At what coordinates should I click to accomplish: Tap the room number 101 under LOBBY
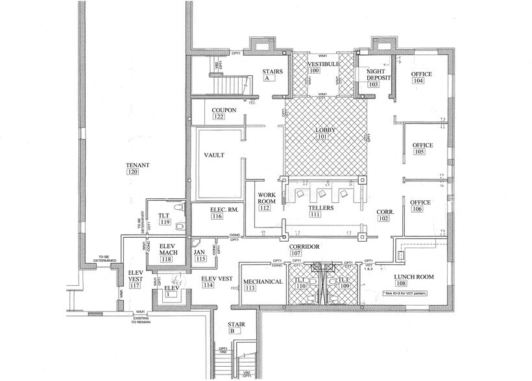(322, 137)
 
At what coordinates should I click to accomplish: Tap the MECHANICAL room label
(263, 281)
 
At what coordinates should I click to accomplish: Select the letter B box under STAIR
(234, 330)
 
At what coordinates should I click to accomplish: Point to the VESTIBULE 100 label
(320, 67)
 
